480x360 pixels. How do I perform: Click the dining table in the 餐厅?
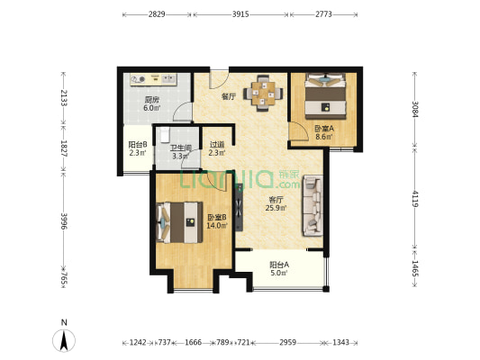point(263,94)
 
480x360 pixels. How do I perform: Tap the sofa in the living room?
point(312,205)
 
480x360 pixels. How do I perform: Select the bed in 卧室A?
point(325,95)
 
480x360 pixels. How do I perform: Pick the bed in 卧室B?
point(179,222)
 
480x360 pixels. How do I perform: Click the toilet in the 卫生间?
point(165,135)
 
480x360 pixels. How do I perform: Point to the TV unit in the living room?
point(239,207)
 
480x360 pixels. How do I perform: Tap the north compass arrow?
point(64,341)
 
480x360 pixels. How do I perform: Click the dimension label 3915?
point(240,14)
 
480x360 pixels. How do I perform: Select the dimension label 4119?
point(415,199)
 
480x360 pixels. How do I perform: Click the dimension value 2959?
point(288,342)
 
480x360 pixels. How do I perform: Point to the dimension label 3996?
point(64,221)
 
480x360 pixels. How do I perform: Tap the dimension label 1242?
point(138,342)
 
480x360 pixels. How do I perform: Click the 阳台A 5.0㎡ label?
point(279,268)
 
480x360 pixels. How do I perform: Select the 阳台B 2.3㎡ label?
point(138,148)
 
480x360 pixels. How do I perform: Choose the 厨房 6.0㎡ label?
point(152,103)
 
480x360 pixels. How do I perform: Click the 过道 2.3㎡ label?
point(217,148)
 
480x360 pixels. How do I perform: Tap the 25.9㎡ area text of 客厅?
point(276,208)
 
